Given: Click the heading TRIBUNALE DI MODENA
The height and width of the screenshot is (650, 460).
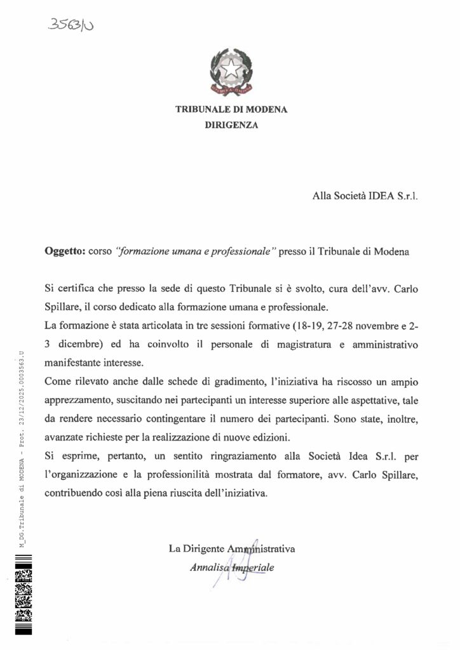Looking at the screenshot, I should [231, 109].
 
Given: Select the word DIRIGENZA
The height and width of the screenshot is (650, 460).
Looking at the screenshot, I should [231, 126].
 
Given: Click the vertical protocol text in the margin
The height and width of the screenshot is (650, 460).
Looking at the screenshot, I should [22, 448].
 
